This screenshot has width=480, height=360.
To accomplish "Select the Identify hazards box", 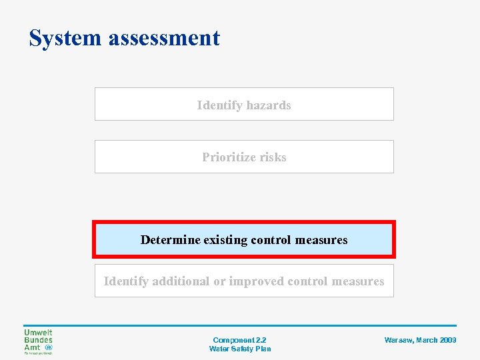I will click(244, 105).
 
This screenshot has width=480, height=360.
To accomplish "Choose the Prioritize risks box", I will click(244, 157).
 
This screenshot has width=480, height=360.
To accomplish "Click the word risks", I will click(273, 157).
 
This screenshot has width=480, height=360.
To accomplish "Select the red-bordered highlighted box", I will click(244, 239).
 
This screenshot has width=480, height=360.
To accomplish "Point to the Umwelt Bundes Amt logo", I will click(38, 341).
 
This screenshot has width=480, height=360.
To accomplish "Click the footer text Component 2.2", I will click(239, 340).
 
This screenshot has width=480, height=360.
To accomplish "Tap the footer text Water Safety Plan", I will click(240, 349).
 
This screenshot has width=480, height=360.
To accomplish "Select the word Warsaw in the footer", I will click(398, 340).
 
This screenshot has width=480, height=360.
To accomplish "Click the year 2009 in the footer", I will click(448, 340).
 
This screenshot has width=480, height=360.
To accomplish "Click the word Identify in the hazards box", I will click(219, 105).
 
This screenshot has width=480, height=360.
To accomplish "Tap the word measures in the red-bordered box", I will click(323, 239).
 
